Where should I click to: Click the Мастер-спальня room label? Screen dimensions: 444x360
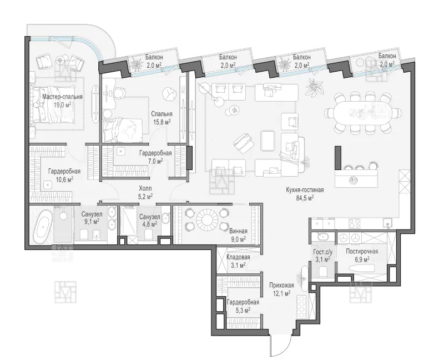click(x=62, y=97)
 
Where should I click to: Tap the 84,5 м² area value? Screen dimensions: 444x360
click(x=305, y=198)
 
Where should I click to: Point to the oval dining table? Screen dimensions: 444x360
click(x=363, y=112)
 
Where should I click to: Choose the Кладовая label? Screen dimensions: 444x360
click(x=238, y=257)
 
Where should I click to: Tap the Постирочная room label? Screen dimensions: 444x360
click(x=362, y=252)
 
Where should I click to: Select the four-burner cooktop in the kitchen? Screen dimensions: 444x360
click(x=354, y=223)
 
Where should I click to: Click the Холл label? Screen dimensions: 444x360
click(x=145, y=188)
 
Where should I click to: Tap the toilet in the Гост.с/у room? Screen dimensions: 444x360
click(x=323, y=272)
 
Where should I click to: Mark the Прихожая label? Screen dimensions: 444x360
click(x=281, y=285)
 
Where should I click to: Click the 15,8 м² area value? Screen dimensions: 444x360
click(x=162, y=122)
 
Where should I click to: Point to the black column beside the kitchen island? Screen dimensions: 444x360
click(x=337, y=158)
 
